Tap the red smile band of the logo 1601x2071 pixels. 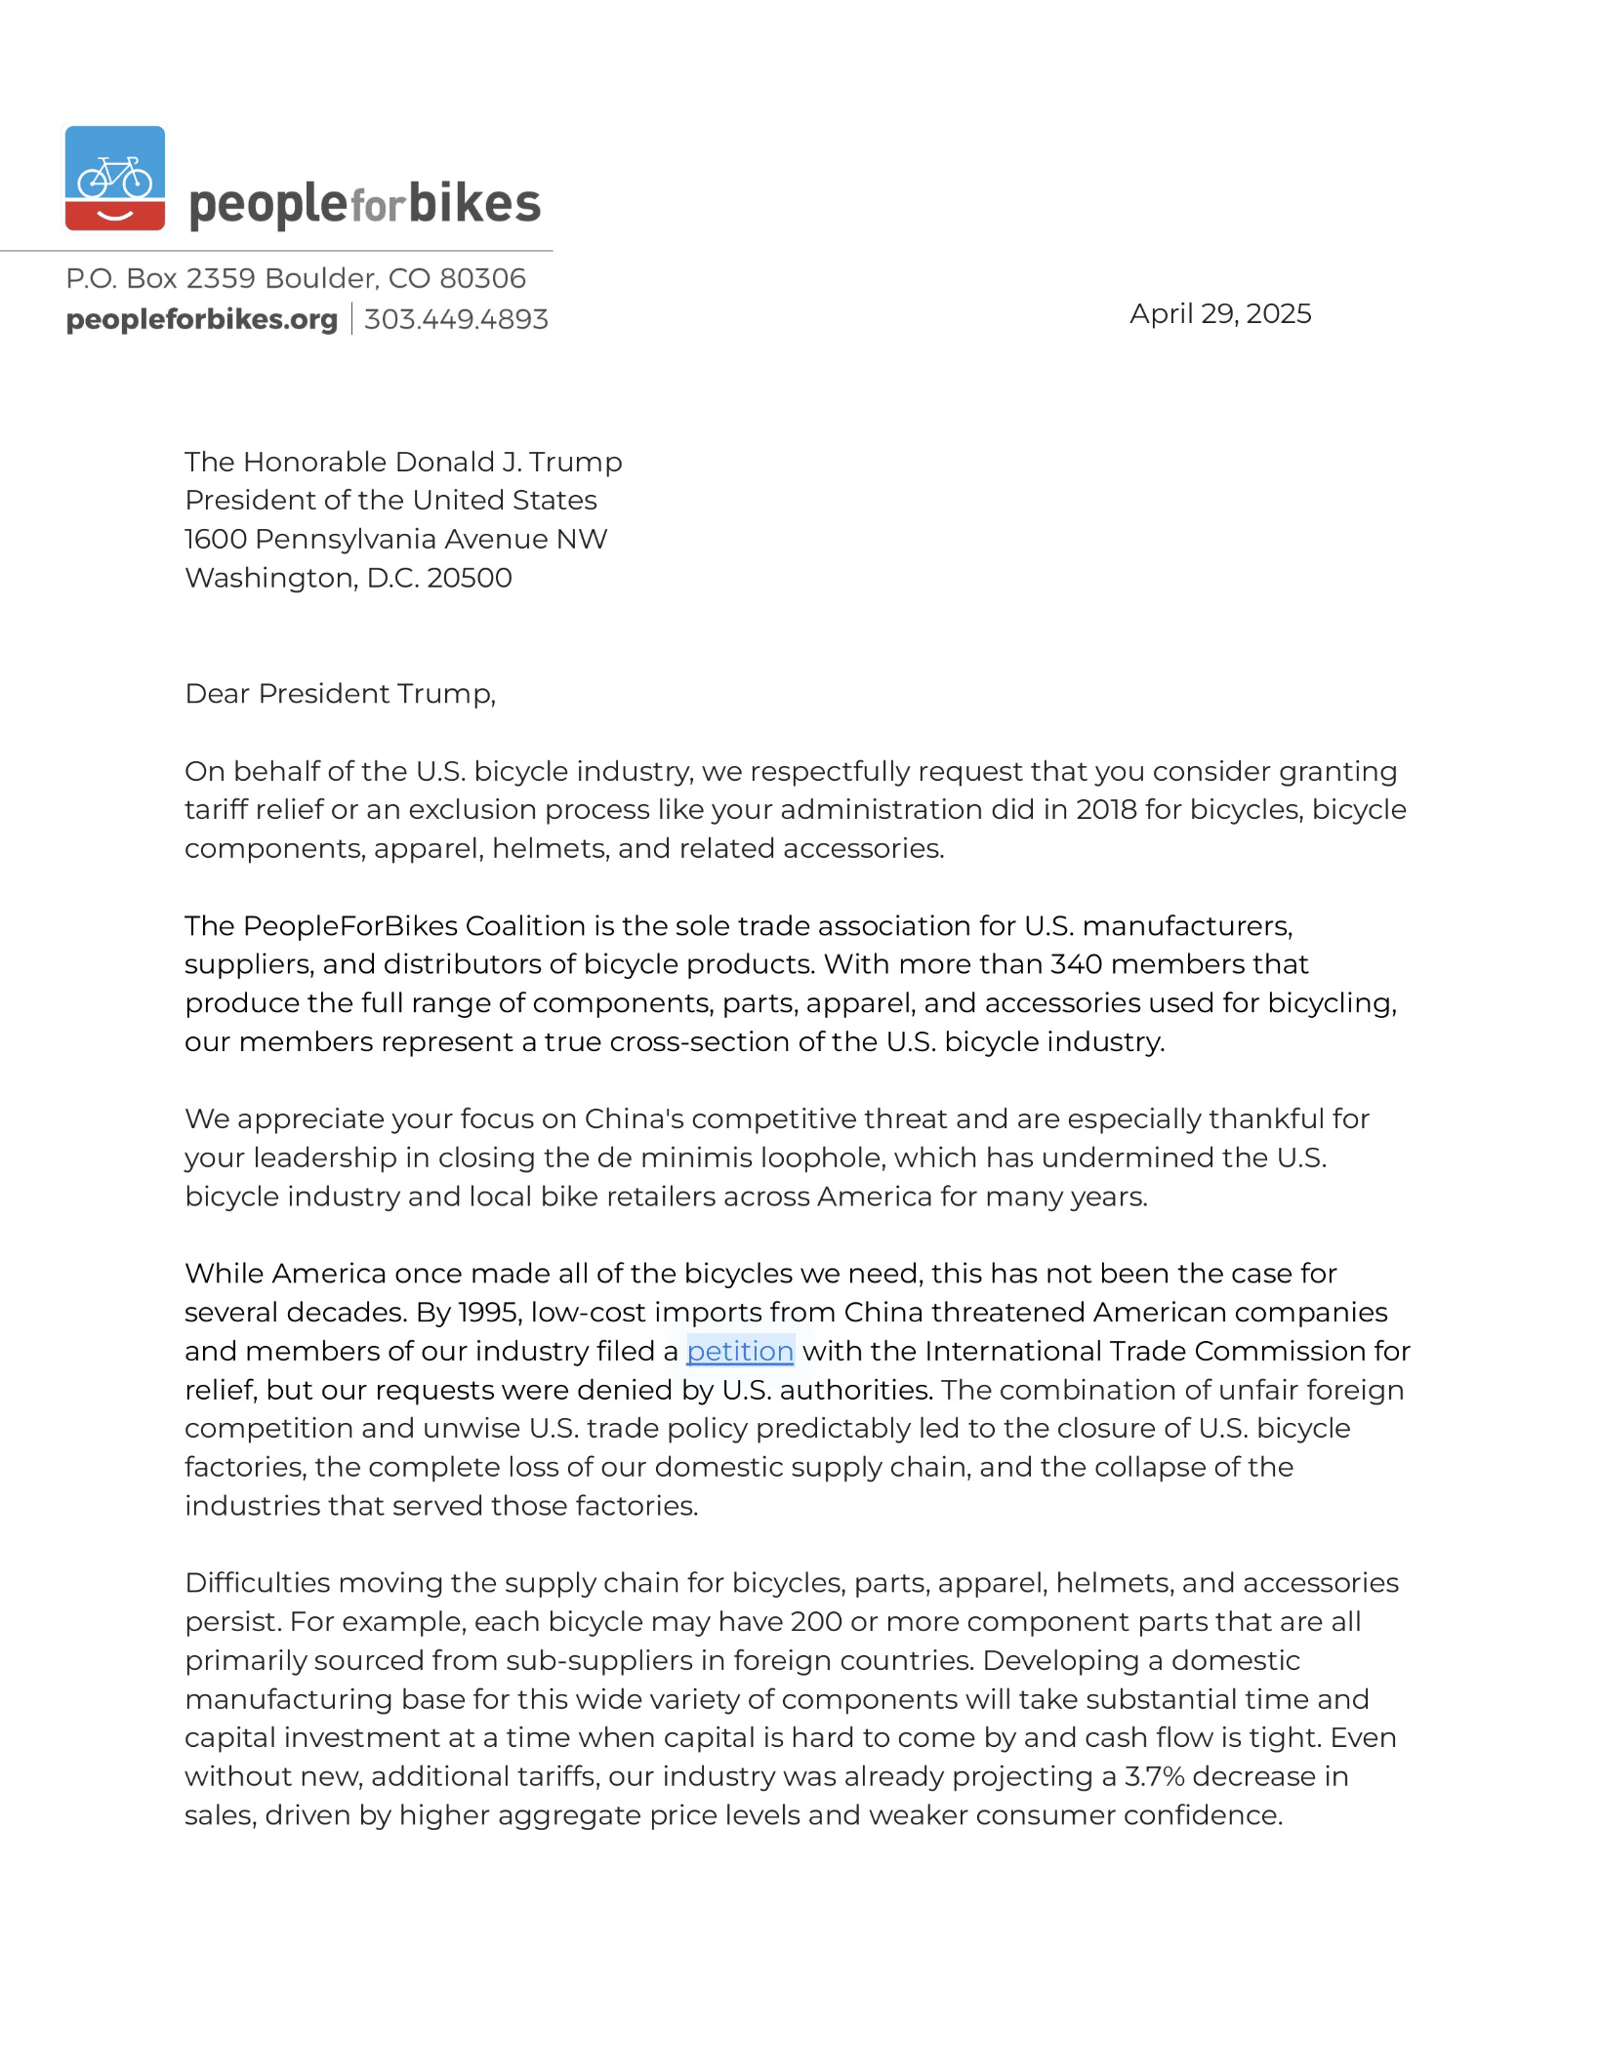115,214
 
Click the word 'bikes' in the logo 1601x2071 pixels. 474,203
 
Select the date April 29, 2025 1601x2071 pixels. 1219,313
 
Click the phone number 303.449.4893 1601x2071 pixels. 456,319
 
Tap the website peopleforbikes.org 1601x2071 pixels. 201,319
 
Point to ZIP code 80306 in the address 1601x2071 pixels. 482,278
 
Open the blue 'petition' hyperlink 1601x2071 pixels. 740,1351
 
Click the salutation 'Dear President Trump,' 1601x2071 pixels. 340,693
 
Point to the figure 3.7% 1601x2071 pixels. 1154,1776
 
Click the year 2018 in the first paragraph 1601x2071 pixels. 1106,809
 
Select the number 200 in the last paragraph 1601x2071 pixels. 816,1621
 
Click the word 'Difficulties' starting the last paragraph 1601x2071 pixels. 257,1582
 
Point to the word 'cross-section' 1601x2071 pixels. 699,1041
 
